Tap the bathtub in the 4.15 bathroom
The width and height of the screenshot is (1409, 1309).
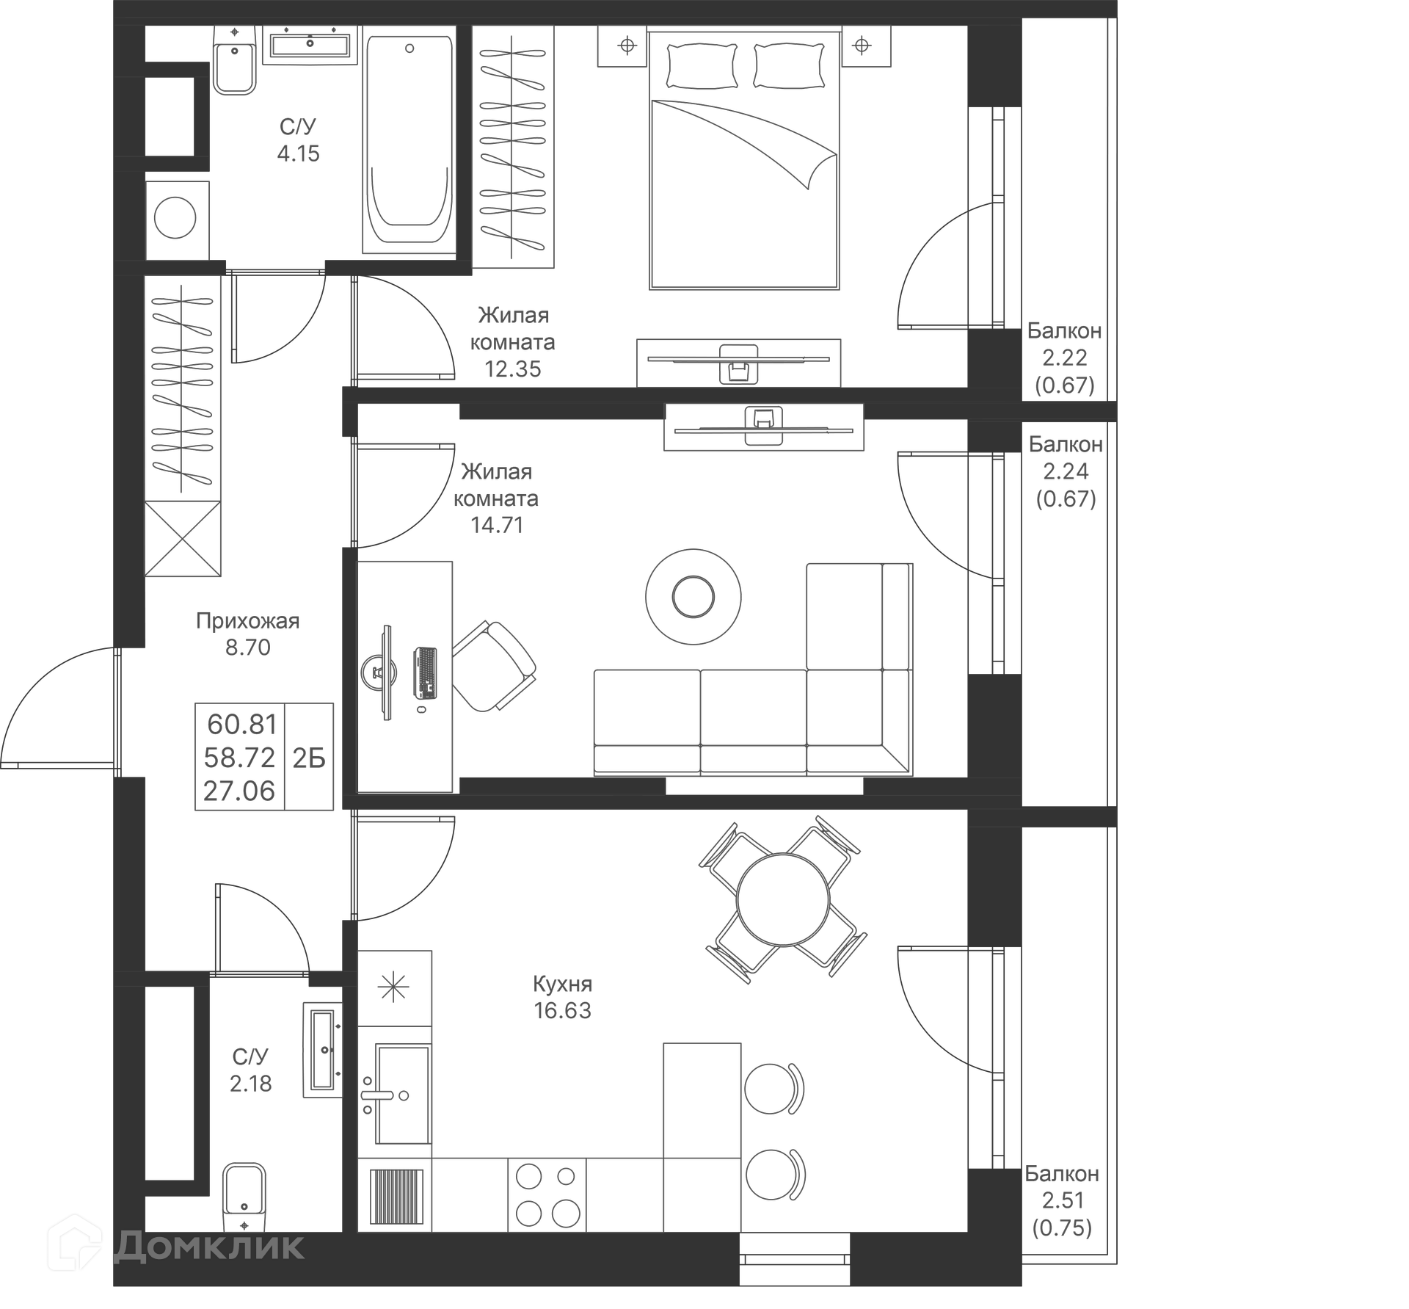[409, 139]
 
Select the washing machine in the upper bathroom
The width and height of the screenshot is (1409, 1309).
[176, 220]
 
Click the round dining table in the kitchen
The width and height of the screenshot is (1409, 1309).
[783, 899]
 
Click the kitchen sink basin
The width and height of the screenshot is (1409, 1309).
[401, 1094]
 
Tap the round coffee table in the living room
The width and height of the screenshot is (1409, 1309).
[693, 597]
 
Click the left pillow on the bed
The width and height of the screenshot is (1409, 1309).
[701, 65]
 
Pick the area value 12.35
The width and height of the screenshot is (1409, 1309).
[512, 369]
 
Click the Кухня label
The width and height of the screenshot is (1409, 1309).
[562, 984]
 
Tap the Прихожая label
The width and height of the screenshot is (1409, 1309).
[247, 621]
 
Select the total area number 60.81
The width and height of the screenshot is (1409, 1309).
[241, 725]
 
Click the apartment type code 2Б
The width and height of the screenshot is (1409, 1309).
[309, 758]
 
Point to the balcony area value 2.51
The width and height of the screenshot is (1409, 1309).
[1063, 1200]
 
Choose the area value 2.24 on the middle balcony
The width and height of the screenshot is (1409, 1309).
[1066, 471]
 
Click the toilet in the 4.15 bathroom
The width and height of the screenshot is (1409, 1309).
[234, 62]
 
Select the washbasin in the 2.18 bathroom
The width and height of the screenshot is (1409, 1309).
[323, 1049]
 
